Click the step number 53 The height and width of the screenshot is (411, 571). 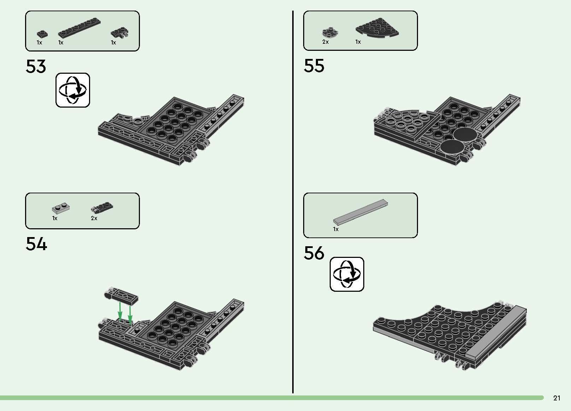point(36,67)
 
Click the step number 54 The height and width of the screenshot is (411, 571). point(36,244)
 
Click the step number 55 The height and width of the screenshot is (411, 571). point(314,66)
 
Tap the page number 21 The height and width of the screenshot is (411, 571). point(557,398)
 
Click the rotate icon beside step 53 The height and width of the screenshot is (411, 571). point(73,90)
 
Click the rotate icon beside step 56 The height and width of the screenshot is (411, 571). point(347,274)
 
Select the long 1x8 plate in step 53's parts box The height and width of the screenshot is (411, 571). point(79,27)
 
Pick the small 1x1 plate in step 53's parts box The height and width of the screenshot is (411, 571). point(41,34)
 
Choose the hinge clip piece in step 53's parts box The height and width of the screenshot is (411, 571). point(119,33)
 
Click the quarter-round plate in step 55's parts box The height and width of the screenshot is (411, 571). point(377,28)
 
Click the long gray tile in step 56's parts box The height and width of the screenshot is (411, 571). point(360,212)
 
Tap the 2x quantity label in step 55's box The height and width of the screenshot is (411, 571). point(325,42)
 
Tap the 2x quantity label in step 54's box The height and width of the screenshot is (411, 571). point(94,218)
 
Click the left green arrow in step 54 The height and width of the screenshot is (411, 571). point(120,311)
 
